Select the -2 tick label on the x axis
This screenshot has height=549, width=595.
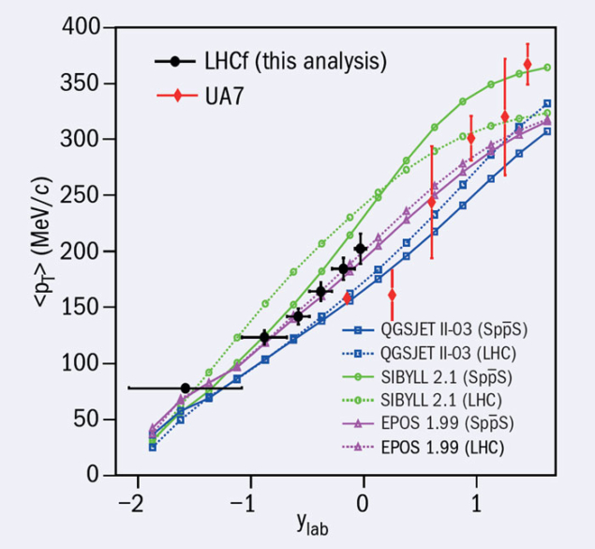coord(131,497)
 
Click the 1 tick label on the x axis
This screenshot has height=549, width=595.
coord(476,497)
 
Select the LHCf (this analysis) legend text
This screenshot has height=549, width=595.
coord(294,63)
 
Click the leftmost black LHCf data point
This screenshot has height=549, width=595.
coord(185,388)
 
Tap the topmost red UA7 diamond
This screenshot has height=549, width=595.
coord(528,64)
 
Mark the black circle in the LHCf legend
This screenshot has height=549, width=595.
coord(174,63)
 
